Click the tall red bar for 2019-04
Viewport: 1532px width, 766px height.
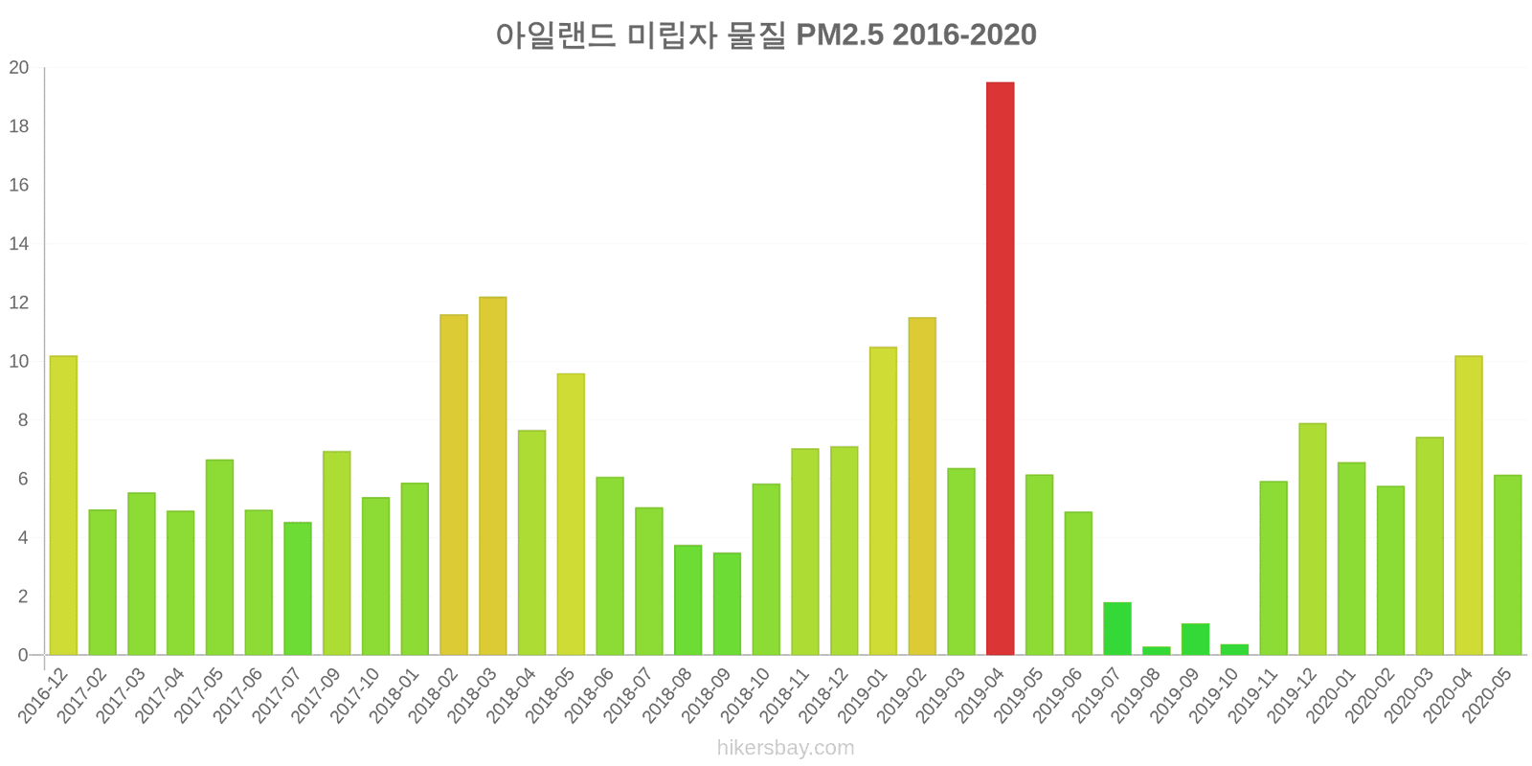coord(1000,369)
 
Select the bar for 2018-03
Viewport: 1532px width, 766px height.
coord(492,476)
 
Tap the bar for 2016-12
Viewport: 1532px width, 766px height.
coord(63,506)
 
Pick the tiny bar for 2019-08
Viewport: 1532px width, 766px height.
coord(1156,651)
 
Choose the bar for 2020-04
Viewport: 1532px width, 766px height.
coord(1468,506)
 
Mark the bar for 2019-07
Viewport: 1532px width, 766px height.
coord(1116,629)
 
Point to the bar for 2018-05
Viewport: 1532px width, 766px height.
coord(571,514)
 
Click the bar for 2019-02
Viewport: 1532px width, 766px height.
coord(922,486)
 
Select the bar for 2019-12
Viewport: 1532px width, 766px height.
coord(1312,539)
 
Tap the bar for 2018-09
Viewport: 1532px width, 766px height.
coord(727,604)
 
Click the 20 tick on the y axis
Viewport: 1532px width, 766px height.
coord(19,68)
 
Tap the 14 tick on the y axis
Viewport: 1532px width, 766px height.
coord(19,244)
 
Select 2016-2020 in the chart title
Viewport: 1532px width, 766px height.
coord(965,35)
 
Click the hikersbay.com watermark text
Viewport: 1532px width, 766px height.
coord(785,748)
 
